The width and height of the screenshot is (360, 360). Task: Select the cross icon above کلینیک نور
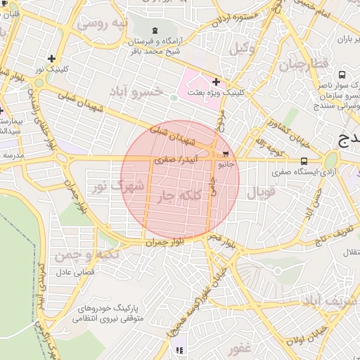(51, 58)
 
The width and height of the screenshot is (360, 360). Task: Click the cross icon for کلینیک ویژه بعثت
(216, 82)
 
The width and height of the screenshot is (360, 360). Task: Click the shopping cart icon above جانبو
(225, 153)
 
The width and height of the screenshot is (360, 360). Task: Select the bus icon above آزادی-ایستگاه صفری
(304, 161)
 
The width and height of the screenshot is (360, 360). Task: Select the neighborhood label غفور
(239, 348)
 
